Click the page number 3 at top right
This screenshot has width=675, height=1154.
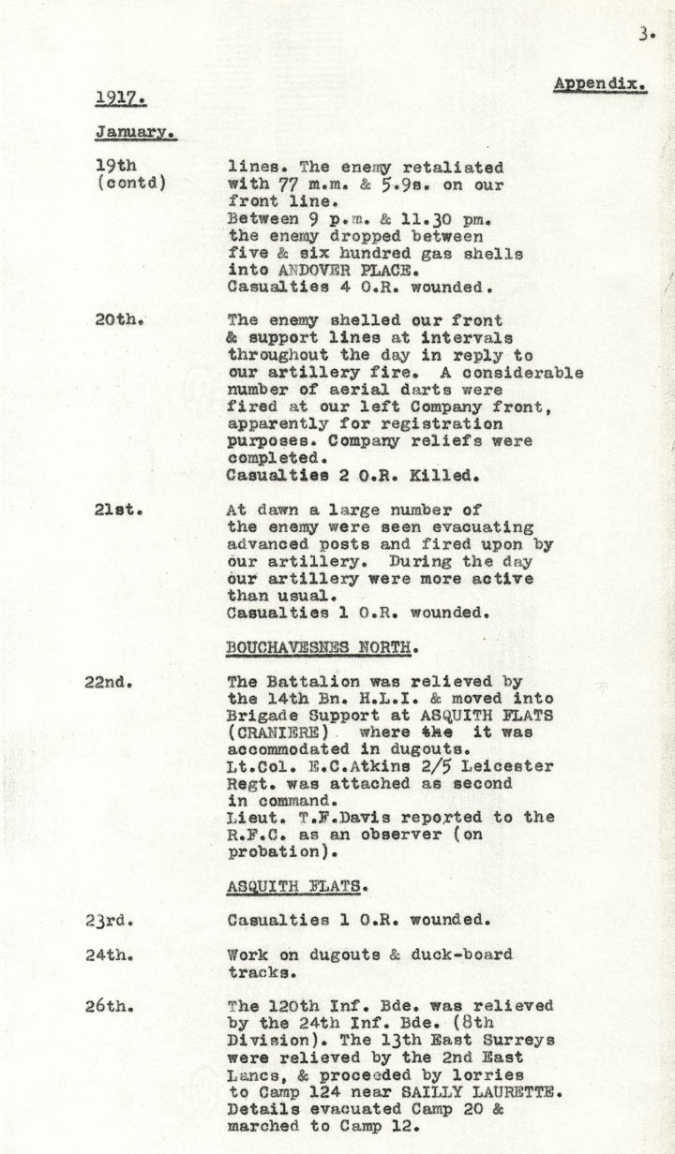[645, 35]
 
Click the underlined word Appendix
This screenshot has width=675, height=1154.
[599, 83]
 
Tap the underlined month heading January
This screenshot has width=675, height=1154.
[135, 133]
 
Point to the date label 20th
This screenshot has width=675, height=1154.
[118, 319]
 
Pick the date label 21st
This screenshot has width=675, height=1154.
[118, 510]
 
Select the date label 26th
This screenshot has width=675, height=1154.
[109, 1006]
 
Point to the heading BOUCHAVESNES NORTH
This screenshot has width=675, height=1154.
[322, 647]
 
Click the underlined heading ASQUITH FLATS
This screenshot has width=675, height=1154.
[286, 885]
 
